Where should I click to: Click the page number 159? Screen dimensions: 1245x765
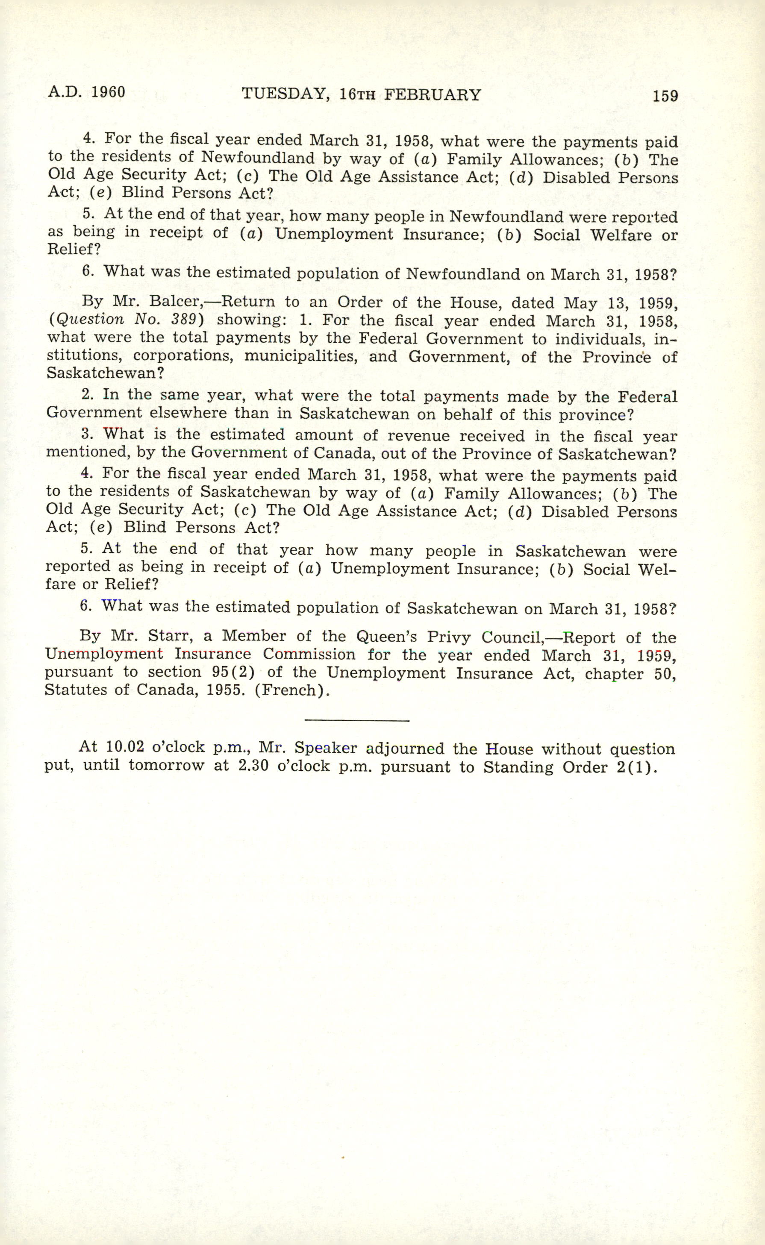pos(665,96)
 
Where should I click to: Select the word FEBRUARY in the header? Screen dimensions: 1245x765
pos(433,95)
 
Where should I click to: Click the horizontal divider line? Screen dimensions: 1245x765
pos(357,719)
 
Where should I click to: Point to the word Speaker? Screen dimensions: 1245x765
pos(325,748)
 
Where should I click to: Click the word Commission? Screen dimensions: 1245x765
pos(309,655)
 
